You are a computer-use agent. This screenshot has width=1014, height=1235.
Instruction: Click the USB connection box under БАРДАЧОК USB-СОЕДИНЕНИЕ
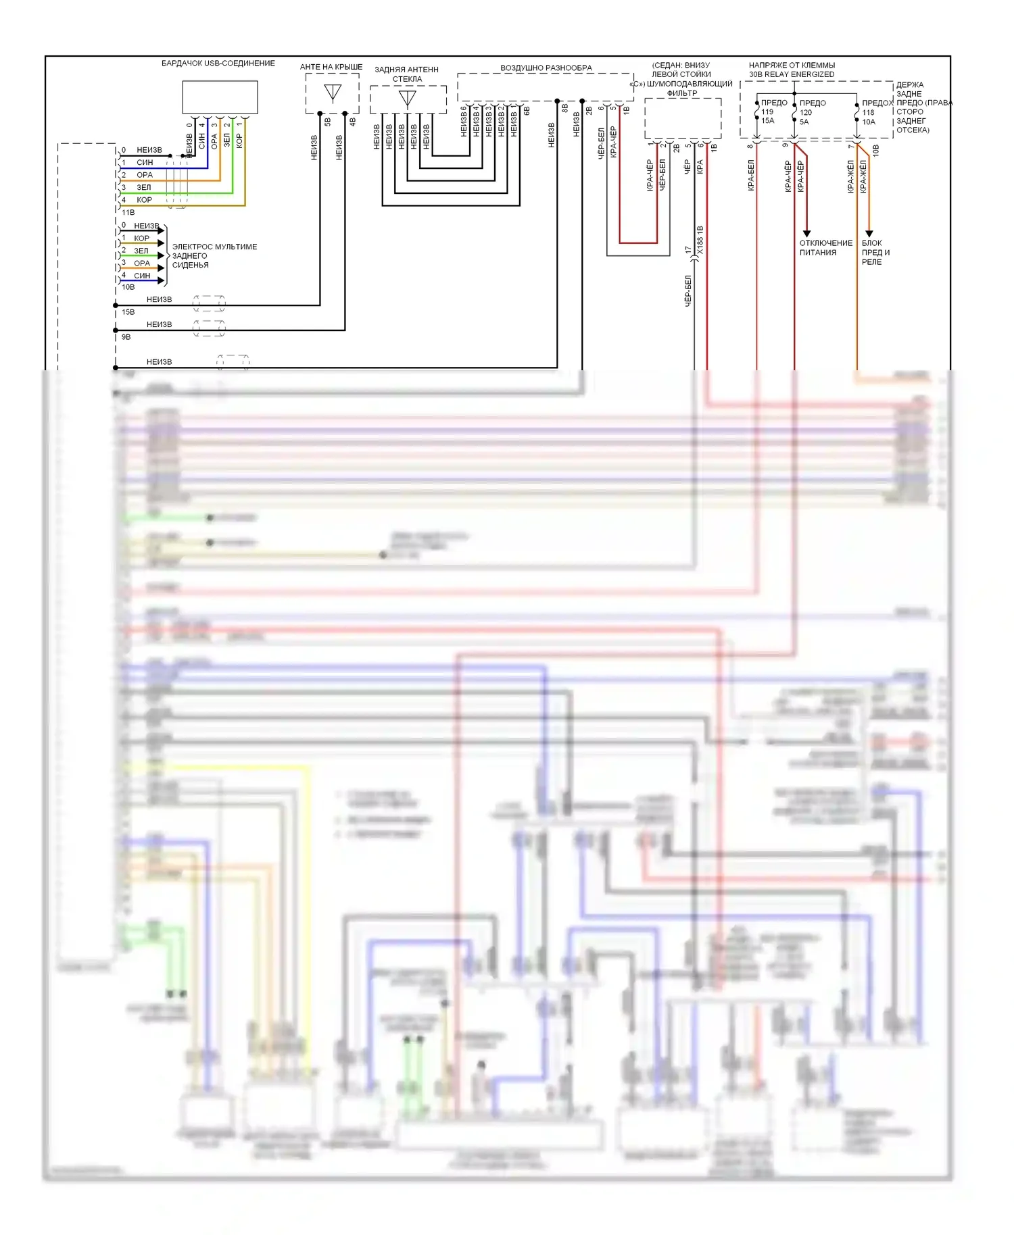click(220, 97)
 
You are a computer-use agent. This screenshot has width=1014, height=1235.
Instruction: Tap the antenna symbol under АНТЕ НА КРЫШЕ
click(333, 92)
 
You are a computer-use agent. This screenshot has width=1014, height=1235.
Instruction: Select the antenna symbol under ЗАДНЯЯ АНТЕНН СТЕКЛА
click(407, 99)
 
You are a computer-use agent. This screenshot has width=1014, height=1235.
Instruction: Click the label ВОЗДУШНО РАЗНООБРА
click(546, 68)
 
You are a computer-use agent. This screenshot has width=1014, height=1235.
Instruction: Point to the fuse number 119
click(767, 112)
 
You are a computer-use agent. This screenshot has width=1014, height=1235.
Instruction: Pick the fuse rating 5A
click(804, 122)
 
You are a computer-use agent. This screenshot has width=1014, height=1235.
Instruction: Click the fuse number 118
click(868, 113)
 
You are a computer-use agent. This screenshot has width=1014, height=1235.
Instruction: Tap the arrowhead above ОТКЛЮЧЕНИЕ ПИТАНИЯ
click(806, 233)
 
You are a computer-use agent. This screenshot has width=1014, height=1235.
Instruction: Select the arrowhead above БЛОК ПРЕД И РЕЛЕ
click(869, 233)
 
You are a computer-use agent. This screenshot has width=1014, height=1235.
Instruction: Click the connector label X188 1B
click(700, 241)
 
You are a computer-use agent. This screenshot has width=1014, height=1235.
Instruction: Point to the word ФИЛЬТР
click(682, 93)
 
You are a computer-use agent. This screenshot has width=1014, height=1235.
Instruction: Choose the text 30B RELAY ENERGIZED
click(792, 74)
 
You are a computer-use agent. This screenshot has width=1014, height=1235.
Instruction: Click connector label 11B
click(128, 212)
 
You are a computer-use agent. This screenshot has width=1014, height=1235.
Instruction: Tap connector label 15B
click(128, 312)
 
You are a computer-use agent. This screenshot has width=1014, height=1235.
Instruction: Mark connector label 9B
click(126, 337)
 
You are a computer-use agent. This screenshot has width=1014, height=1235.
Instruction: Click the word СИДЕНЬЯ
click(190, 265)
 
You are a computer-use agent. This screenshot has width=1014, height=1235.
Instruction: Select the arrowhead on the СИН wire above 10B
click(161, 280)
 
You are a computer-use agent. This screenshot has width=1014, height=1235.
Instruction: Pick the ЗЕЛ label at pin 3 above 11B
click(144, 187)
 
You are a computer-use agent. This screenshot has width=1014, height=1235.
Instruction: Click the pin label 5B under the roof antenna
click(328, 122)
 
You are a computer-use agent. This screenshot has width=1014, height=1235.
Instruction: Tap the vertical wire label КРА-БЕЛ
click(750, 176)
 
